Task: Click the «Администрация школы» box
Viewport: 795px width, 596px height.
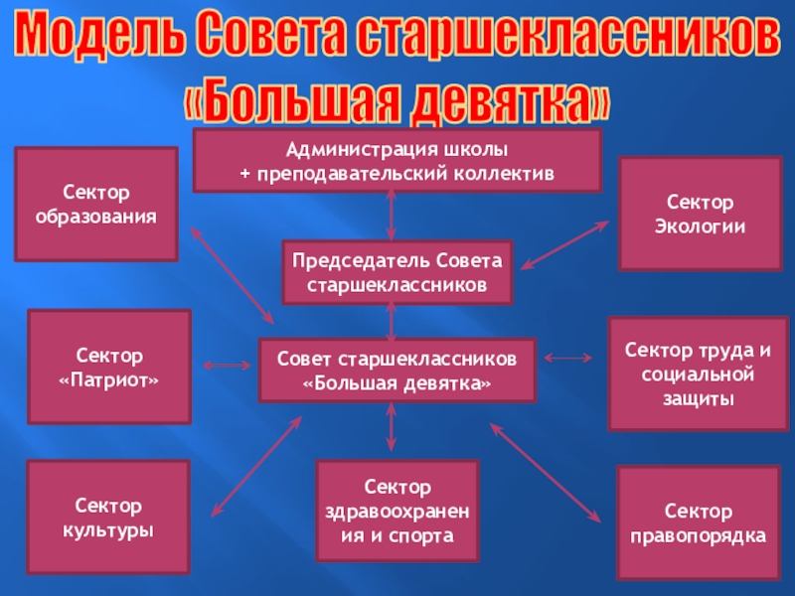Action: (397, 160)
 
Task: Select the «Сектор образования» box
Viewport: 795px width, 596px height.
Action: (95, 204)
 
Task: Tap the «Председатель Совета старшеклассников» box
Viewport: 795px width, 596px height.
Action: (397, 272)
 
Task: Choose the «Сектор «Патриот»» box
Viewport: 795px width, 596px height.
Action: (109, 367)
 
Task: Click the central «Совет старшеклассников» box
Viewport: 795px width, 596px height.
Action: (397, 370)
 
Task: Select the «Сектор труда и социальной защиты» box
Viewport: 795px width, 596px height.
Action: (699, 373)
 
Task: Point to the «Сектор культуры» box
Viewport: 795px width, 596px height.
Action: (108, 518)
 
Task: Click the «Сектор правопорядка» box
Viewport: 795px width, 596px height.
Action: (699, 523)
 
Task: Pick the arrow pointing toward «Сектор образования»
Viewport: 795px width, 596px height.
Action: (232, 274)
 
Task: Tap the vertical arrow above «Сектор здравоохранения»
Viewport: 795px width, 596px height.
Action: (392, 428)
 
